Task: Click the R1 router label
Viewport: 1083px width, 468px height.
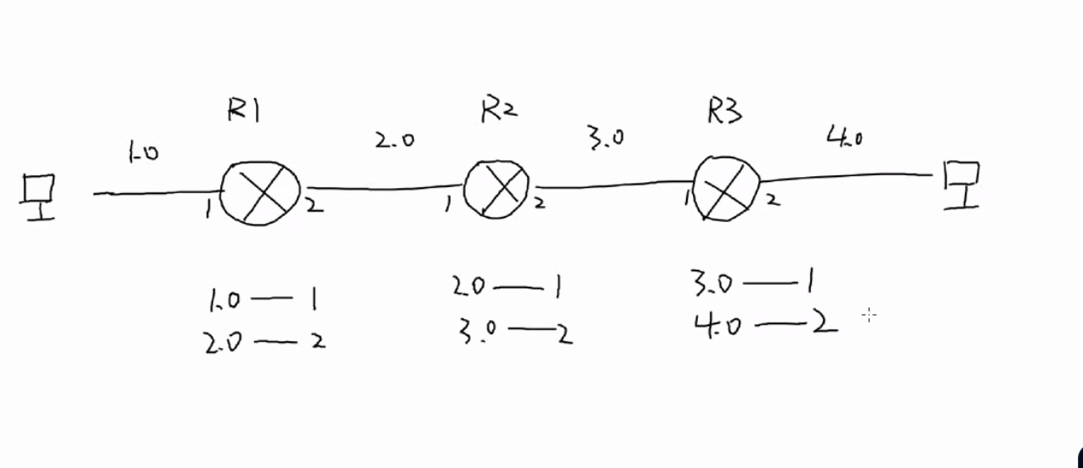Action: click(243, 111)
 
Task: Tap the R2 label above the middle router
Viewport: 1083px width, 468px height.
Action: click(499, 110)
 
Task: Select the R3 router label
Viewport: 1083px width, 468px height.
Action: click(724, 111)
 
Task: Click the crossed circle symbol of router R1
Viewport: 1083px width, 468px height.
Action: click(261, 192)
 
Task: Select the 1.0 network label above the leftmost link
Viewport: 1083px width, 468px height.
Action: click(143, 153)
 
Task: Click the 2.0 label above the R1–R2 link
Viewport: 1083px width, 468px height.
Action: click(394, 140)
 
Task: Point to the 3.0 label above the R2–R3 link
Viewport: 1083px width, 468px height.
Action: click(606, 137)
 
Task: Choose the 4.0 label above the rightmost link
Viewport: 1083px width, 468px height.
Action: click(845, 136)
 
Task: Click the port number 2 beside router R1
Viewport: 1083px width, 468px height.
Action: click(315, 205)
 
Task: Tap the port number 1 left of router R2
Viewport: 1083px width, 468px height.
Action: click(447, 205)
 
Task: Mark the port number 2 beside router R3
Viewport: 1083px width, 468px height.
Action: click(772, 201)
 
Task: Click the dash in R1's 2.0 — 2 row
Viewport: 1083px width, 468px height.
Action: click(275, 342)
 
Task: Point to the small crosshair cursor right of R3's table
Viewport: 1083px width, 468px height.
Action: click(868, 316)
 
